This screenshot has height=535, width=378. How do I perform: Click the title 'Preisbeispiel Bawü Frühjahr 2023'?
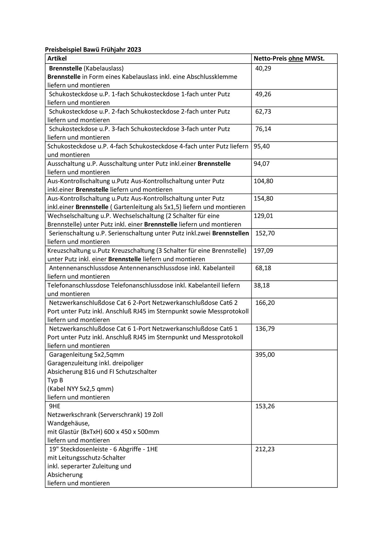pyautogui.click(x=93, y=49)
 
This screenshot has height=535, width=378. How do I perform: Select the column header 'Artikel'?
pyautogui.click(x=57, y=59)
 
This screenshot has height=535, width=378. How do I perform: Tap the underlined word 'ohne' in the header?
pyautogui.click(x=296, y=59)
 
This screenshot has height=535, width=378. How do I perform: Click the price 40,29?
pyautogui.click(x=263, y=68)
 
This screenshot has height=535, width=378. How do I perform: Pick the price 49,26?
pyautogui.click(x=263, y=94)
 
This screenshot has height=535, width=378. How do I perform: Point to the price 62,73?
pyautogui.click(x=263, y=111)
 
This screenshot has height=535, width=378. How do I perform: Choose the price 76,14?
pyautogui.click(x=263, y=129)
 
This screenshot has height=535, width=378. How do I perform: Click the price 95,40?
pyautogui.click(x=262, y=146)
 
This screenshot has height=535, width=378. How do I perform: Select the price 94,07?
pyautogui.click(x=262, y=164)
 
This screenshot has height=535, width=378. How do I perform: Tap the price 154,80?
pyautogui.click(x=264, y=198)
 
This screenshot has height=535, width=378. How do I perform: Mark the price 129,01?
pyautogui.click(x=264, y=216)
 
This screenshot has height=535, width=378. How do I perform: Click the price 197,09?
pyautogui.click(x=264, y=251)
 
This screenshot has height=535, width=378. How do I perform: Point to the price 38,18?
pyautogui.click(x=262, y=285)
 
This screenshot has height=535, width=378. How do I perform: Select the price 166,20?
pyautogui.click(x=265, y=303)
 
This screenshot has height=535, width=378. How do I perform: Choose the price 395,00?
pyautogui.click(x=265, y=355)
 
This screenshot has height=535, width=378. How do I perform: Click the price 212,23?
pyautogui.click(x=265, y=449)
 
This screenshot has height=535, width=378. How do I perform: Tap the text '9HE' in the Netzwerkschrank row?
pyautogui.click(x=55, y=406)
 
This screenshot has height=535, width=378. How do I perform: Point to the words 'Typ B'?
pyautogui.click(x=55, y=380)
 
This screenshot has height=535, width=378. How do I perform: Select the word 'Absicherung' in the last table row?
pyautogui.click(x=65, y=475)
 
